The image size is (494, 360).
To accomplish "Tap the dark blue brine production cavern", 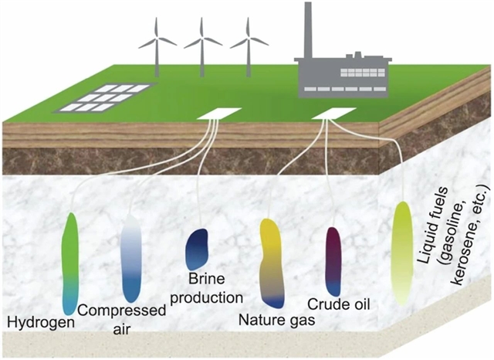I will (198, 249).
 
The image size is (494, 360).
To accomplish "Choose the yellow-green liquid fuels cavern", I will (401, 251).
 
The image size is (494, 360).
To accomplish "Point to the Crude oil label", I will (340, 304).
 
